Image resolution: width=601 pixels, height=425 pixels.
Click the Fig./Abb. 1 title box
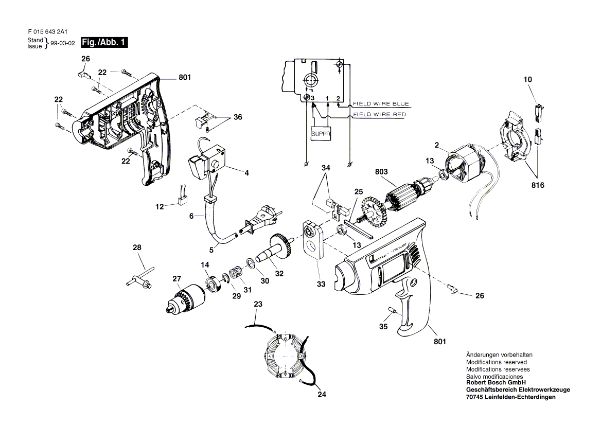pos(104,42)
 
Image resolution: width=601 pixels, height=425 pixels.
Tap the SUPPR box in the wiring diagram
pos(321,134)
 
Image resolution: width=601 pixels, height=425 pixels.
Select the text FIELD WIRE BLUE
pos(381,104)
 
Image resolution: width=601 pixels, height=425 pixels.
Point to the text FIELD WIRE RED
pos(379,114)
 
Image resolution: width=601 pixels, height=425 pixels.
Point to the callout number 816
pos(538,185)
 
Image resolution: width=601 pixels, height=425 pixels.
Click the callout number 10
pos(527,80)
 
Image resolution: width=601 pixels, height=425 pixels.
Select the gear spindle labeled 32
pos(274,250)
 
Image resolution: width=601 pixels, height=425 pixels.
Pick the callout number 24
pos(322,394)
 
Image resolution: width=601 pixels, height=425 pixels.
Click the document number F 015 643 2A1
pos(47,32)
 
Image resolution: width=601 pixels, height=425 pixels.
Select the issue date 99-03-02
pos(63,43)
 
